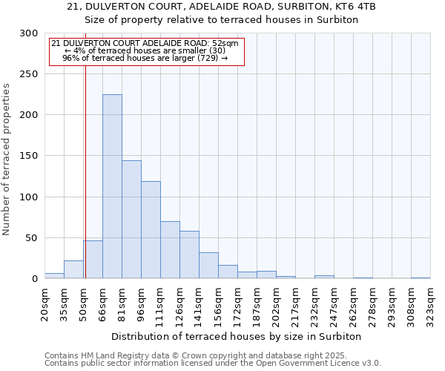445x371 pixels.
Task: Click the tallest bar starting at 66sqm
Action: click(112, 186)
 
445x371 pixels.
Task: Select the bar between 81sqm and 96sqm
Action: click(131, 220)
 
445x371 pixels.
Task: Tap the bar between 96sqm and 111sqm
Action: click(151, 230)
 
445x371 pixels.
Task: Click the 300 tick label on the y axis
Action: click(29, 33)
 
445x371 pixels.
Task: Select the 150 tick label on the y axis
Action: click(29, 156)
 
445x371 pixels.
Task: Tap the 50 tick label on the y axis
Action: click(32, 238)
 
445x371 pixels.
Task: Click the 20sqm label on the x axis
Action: click(45, 304)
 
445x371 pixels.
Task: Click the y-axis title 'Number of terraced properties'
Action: click(7, 159)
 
